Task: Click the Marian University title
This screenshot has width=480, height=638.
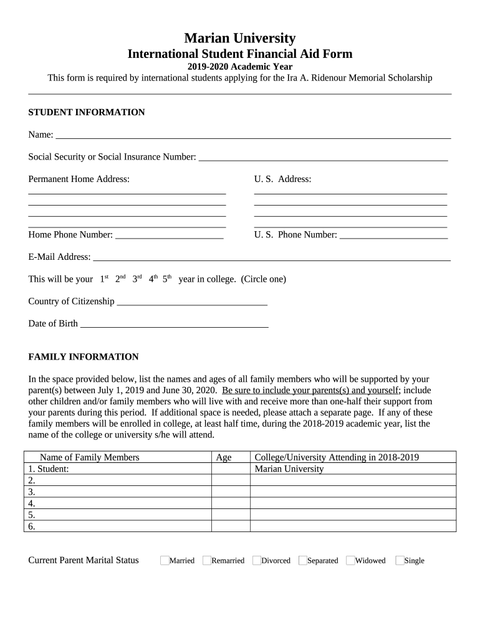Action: [x=240, y=38]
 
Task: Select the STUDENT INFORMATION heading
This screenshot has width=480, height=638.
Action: [x=87, y=112]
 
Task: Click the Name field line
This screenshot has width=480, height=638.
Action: [x=252, y=134]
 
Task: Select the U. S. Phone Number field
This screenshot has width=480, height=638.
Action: [x=393, y=234]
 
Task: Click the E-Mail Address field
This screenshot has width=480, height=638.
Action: [x=271, y=256]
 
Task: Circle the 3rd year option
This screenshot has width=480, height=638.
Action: [x=137, y=279]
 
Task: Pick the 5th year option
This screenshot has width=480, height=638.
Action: [x=166, y=279]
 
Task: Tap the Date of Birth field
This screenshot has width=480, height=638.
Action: [x=175, y=323]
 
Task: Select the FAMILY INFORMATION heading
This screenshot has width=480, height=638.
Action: [x=84, y=357]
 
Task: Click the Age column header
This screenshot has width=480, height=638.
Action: [x=223, y=457]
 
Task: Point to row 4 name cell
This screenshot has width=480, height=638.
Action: [x=118, y=503]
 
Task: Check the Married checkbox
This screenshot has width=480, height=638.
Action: [x=165, y=560]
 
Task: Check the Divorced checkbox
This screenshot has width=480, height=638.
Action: [x=257, y=560]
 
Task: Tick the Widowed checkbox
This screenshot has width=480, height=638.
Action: [x=350, y=560]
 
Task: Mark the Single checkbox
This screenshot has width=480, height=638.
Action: [x=400, y=560]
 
